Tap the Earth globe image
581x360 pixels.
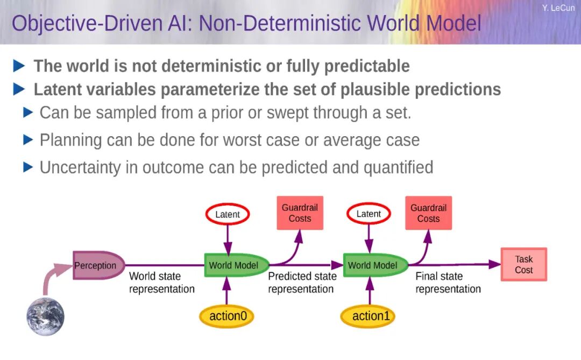pyautogui.click(x=46, y=316)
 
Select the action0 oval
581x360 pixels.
pyautogui.click(x=228, y=316)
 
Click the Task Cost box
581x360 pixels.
pyautogui.click(x=523, y=264)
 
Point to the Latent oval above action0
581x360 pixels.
pyautogui.click(x=228, y=214)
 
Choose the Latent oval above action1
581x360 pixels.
pyautogui.click(x=369, y=214)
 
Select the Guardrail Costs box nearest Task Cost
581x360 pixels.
pyautogui.click(x=428, y=213)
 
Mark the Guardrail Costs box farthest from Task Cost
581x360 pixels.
pyautogui.click(x=300, y=213)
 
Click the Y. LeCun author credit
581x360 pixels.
pyautogui.click(x=558, y=8)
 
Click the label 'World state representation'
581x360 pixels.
pyautogui.click(x=161, y=283)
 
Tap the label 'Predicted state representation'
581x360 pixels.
pyautogui.click(x=302, y=283)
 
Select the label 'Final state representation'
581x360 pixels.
pyautogui.click(x=448, y=283)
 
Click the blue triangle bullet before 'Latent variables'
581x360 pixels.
pyautogui.click(x=19, y=89)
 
